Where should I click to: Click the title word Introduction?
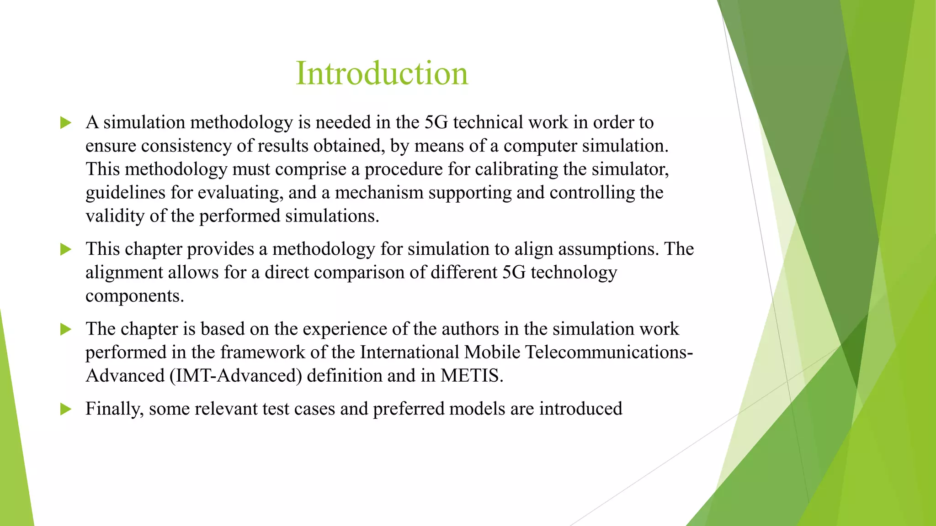[x=382, y=73]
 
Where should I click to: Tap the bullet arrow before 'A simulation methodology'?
[x=66, y=123]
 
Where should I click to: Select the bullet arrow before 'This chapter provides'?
[x=66, y=249]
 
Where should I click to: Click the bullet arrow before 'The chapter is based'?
[x=66, y=329]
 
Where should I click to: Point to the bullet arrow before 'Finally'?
[x=66, y=409]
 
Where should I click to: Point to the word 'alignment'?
[x=124, y=273]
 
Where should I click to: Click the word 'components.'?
[x=135, y=296]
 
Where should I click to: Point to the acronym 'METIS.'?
[x=472, y=376]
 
